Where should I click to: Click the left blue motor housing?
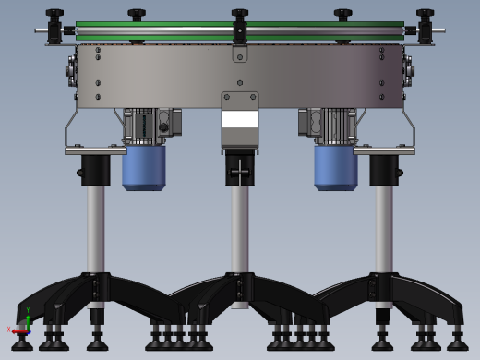pos(143,166)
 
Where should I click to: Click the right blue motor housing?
pos(335,166)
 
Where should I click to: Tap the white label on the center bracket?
pos(239,119)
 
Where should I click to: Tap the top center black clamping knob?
pos(239,16)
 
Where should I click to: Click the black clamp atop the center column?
pos(239,168)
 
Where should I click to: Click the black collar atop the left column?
pos(95,170)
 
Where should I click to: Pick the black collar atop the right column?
pos(383,170)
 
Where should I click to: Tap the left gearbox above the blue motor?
pos(143,124)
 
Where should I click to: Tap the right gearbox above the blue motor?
pos(334,124)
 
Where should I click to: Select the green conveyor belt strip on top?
pos(166,25)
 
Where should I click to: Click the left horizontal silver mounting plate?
pos(95,150)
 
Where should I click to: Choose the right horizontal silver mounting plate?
pos(383,150)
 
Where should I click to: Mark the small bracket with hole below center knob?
pos(240,54)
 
